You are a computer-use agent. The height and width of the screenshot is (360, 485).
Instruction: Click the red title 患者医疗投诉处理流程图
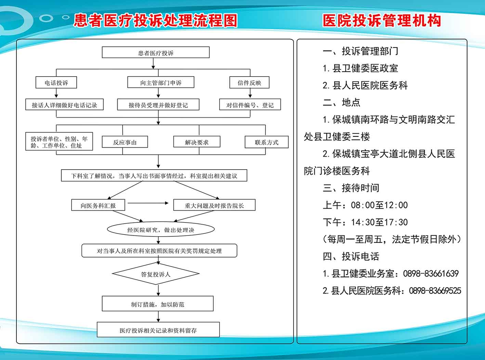pos(155,21)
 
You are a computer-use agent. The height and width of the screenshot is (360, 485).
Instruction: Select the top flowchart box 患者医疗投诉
pos(156,53)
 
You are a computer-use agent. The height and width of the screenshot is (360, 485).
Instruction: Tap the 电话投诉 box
pos(56,83)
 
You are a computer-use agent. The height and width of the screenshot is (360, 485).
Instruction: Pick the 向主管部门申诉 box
pos(160,83)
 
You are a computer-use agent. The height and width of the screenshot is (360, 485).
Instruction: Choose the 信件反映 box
pos(249,83)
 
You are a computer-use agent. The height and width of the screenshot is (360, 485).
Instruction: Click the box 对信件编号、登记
pos(250,105)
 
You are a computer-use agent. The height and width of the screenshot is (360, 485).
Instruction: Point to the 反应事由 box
pos(125,142)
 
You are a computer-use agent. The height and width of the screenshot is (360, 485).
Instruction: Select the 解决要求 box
pos(197,142)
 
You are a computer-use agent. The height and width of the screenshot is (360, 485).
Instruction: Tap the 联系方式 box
pos(266,142)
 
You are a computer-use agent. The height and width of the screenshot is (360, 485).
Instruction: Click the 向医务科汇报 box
pos(98,205)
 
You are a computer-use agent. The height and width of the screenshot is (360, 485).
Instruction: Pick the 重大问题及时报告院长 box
pos(214,205)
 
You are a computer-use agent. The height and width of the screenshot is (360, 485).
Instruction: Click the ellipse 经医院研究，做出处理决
pos(161,230)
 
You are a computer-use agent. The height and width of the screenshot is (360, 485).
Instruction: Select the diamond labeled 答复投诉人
pos(156,274)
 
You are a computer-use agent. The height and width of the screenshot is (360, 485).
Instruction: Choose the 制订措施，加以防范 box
pos(158,304)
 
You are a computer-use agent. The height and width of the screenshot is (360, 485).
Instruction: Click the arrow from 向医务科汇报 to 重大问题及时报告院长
pos(148,203)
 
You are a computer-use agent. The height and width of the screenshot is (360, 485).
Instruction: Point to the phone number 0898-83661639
pos(431,274)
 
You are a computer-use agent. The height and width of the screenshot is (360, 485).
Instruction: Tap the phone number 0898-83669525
pos(435,291)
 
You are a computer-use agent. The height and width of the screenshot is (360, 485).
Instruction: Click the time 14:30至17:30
pos(379,222)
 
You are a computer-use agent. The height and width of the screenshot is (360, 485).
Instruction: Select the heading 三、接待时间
pos(351,188)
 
